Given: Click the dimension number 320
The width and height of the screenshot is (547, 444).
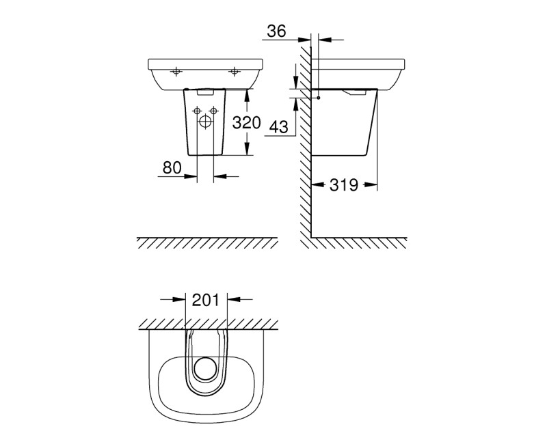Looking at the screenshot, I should pyautogui.click(x=246, y=123).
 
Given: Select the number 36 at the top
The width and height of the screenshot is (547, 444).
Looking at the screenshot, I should pyautogui.click(x=277, y=31).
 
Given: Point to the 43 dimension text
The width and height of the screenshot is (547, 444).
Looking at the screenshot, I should pyautogui.click(x=278, y=127).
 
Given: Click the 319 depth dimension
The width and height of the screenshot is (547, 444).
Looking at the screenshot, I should pyautogui.click(x=344, y=185).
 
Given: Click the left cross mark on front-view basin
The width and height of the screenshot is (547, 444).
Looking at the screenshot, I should pyautogui.click(x=176, y=70).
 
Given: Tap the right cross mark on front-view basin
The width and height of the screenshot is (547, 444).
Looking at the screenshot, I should pyautogui.click(x=235, y=70).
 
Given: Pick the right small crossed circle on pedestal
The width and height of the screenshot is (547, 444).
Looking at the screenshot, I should pyautogui.click(x=214, y=111).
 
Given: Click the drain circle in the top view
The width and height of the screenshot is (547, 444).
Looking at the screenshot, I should pyautogui.click(x=206, y=370).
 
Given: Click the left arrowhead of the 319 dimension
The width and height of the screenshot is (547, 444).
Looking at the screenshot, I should pyautogui.click(x=316, y=184).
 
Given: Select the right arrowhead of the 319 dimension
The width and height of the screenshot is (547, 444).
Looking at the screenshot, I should pyautogui.click(x=374, y=184).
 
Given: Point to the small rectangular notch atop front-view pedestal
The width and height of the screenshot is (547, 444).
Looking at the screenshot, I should pyautogui.click(x=206, y=91).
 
